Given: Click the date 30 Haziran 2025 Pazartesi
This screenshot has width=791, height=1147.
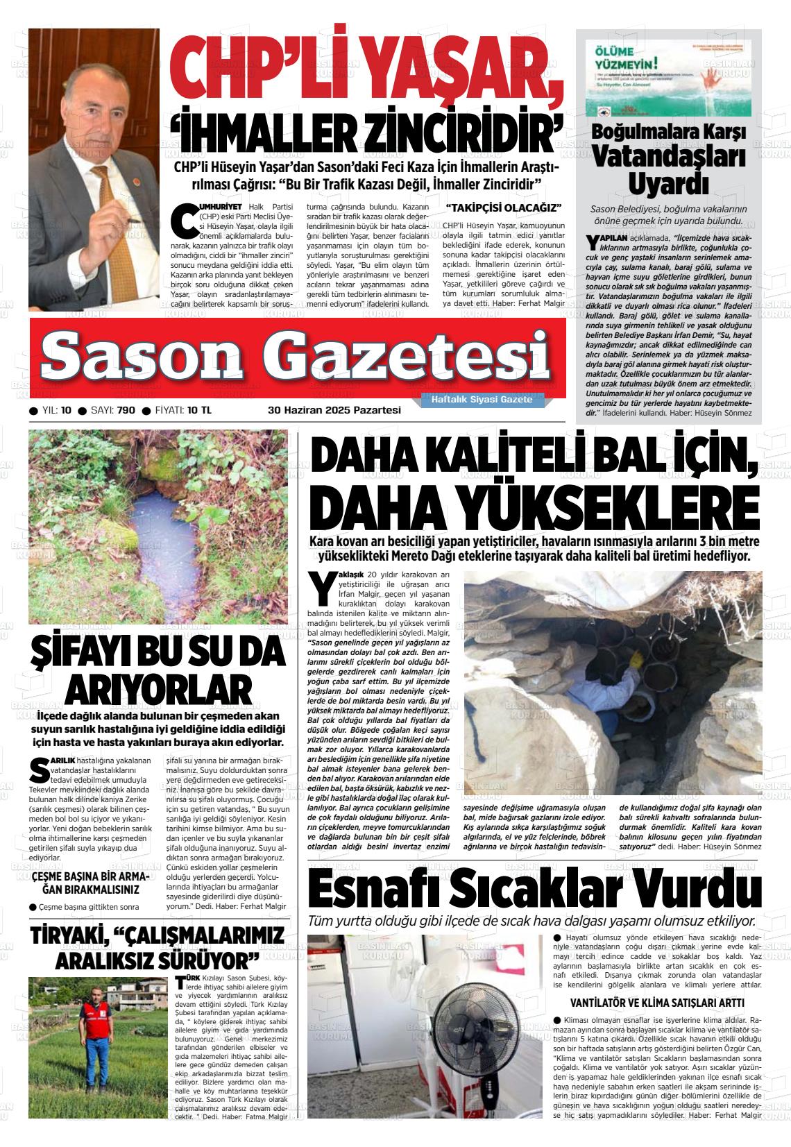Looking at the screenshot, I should (x=334, y=410).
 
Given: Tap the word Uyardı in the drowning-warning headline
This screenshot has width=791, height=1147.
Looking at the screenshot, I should (x=668, y=185).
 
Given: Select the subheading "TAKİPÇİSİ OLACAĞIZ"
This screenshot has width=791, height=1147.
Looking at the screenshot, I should (x=503, y=208).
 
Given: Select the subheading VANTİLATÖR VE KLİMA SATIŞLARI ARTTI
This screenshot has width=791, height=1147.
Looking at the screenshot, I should (x=656, y=1003).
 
